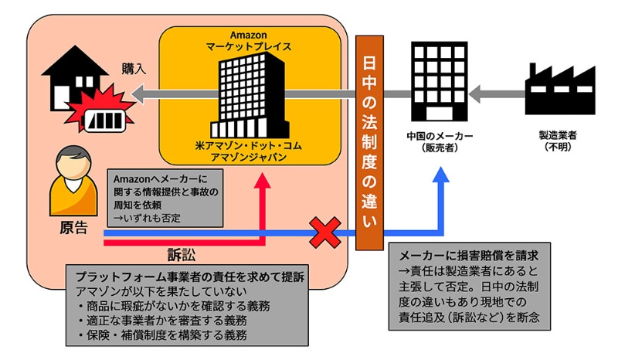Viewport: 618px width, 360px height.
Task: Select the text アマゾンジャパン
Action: tap(249, 157)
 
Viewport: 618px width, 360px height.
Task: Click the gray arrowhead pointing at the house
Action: tap(139, 94)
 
